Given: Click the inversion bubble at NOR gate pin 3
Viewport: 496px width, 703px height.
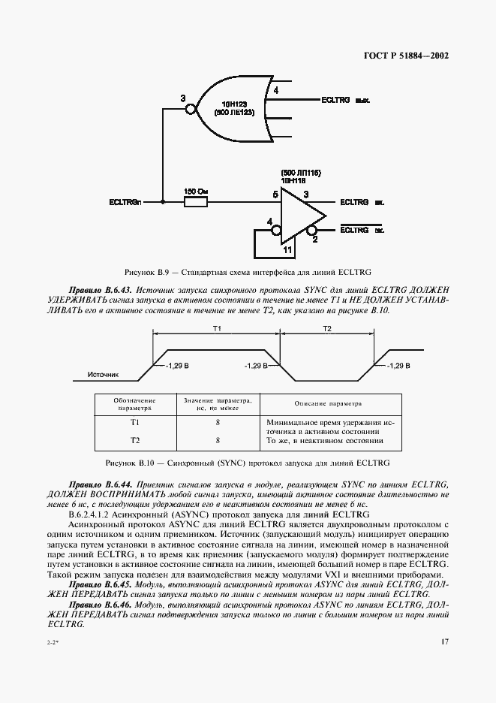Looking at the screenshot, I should coord(191,109).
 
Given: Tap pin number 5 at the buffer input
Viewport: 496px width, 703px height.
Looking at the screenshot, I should coord(275,195).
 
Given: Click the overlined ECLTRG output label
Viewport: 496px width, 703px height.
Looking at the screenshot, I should coord(354,231).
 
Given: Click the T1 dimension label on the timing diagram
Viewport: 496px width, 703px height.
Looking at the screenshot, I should coord(216,329).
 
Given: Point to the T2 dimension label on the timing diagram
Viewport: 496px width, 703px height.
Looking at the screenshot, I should coord(326,329).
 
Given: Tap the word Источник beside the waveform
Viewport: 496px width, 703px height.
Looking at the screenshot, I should coord(104,373).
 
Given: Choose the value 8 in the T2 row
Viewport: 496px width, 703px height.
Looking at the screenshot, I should coord(217,440).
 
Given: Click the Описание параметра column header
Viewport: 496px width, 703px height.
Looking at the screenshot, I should coord(328,403).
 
